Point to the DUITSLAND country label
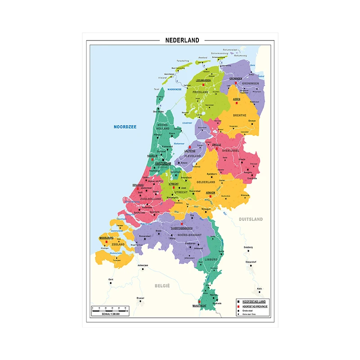coord(250,219)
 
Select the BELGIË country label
coord(162,286)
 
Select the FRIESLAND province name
coord(201,92)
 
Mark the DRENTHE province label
coord(239,115)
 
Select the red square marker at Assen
coord(236,103)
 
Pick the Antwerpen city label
coord(143,265)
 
